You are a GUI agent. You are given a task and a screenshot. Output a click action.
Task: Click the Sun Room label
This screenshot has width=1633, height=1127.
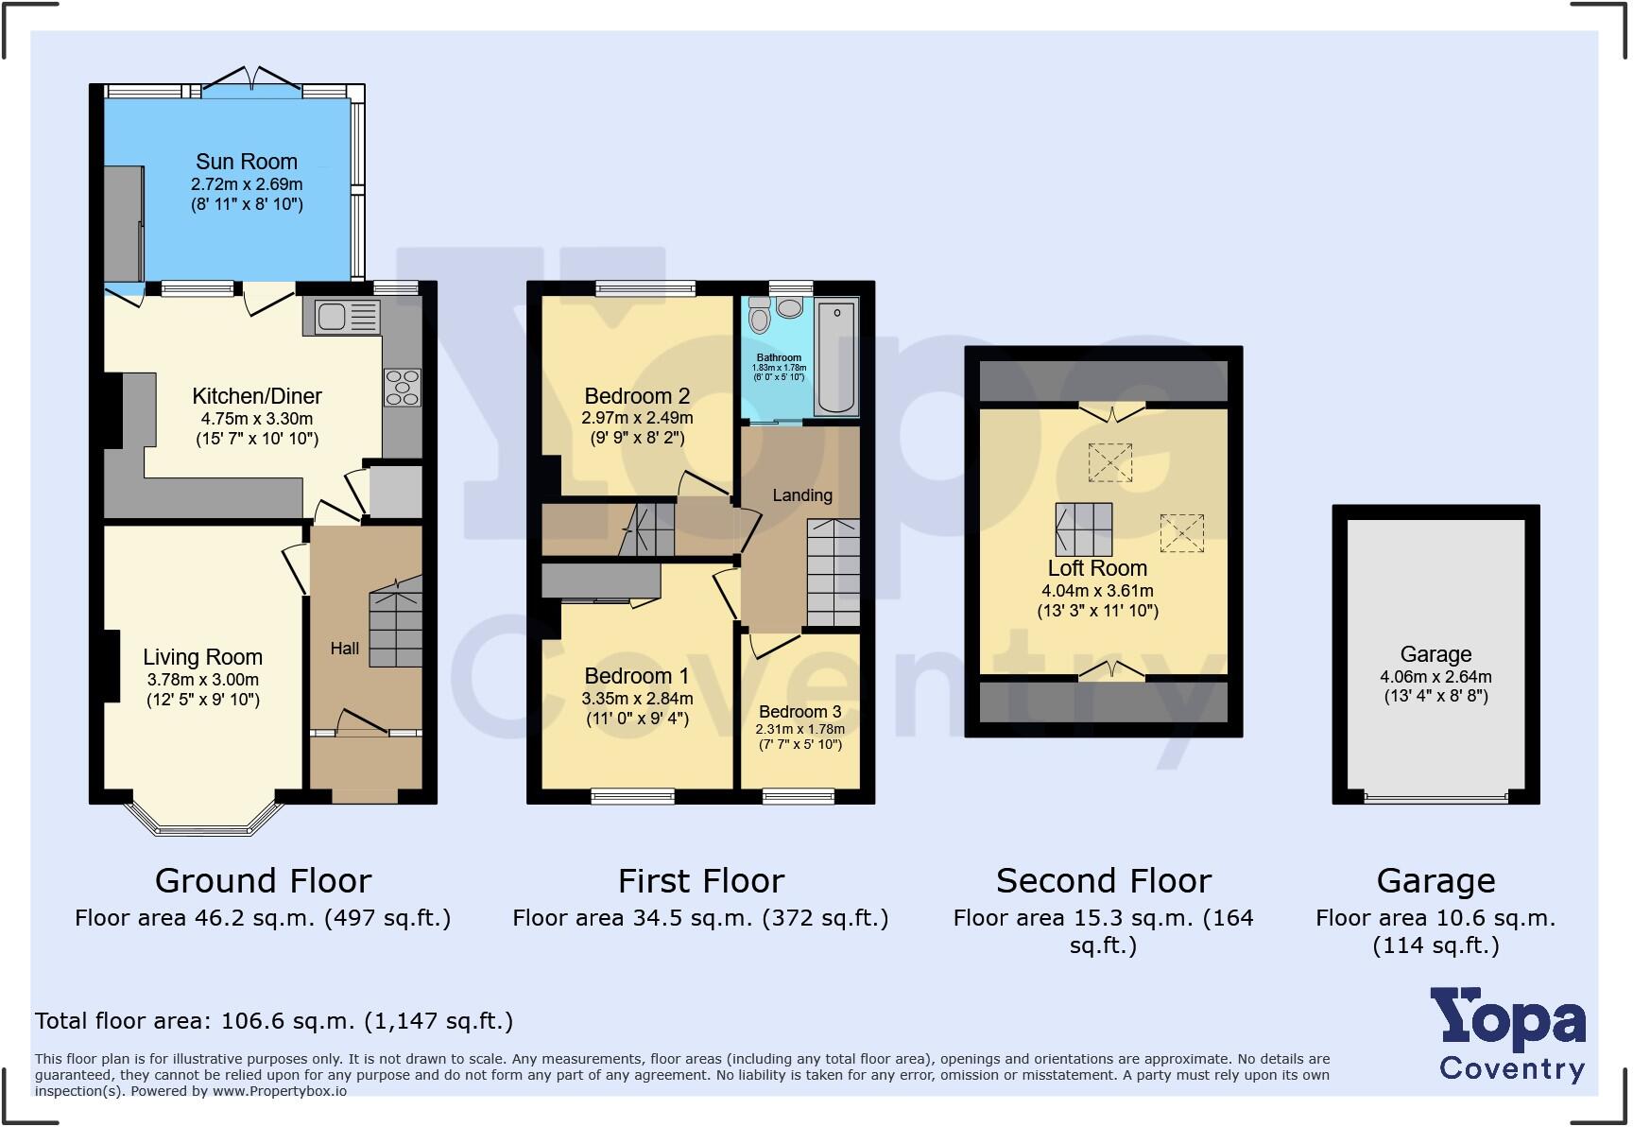pos(247,162)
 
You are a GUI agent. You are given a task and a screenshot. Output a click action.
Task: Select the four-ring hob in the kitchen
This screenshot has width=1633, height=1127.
pos(403,388)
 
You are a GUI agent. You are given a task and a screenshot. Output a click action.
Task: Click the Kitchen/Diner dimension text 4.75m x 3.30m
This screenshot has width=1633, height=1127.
pos(257,419)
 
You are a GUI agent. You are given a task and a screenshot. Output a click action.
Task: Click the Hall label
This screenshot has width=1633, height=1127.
pos(344,649)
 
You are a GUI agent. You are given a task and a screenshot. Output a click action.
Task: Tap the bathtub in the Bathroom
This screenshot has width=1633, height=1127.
pos(836,357)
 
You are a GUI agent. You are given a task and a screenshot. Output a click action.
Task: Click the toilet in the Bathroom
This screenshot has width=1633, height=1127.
pos(759,317)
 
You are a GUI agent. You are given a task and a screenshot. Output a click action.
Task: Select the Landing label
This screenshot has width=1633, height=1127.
pos(802,495)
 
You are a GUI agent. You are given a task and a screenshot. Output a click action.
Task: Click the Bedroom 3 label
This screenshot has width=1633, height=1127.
pos(799,712)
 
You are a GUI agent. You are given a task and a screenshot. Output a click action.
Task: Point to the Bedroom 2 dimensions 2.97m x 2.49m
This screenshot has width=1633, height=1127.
pos(637,418)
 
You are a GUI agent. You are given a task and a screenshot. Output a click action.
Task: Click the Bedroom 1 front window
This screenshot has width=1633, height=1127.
pos(633,797)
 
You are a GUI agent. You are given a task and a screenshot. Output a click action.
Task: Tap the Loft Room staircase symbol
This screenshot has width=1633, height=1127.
pos(1084,529)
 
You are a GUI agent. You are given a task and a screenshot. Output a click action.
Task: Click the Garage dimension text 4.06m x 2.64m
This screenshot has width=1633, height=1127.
pos(1435,677)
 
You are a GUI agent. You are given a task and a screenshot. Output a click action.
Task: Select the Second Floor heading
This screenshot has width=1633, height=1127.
pos(1103,881)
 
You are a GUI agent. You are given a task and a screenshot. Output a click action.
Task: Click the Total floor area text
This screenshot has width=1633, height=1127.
pos(274,1021)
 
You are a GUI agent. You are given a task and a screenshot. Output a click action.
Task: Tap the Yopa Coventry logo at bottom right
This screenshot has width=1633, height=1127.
pos(1510,1035)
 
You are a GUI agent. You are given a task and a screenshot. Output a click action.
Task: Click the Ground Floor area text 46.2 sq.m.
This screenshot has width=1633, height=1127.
pos(263,918)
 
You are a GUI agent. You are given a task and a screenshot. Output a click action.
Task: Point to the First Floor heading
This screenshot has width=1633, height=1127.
pos(700,881)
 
